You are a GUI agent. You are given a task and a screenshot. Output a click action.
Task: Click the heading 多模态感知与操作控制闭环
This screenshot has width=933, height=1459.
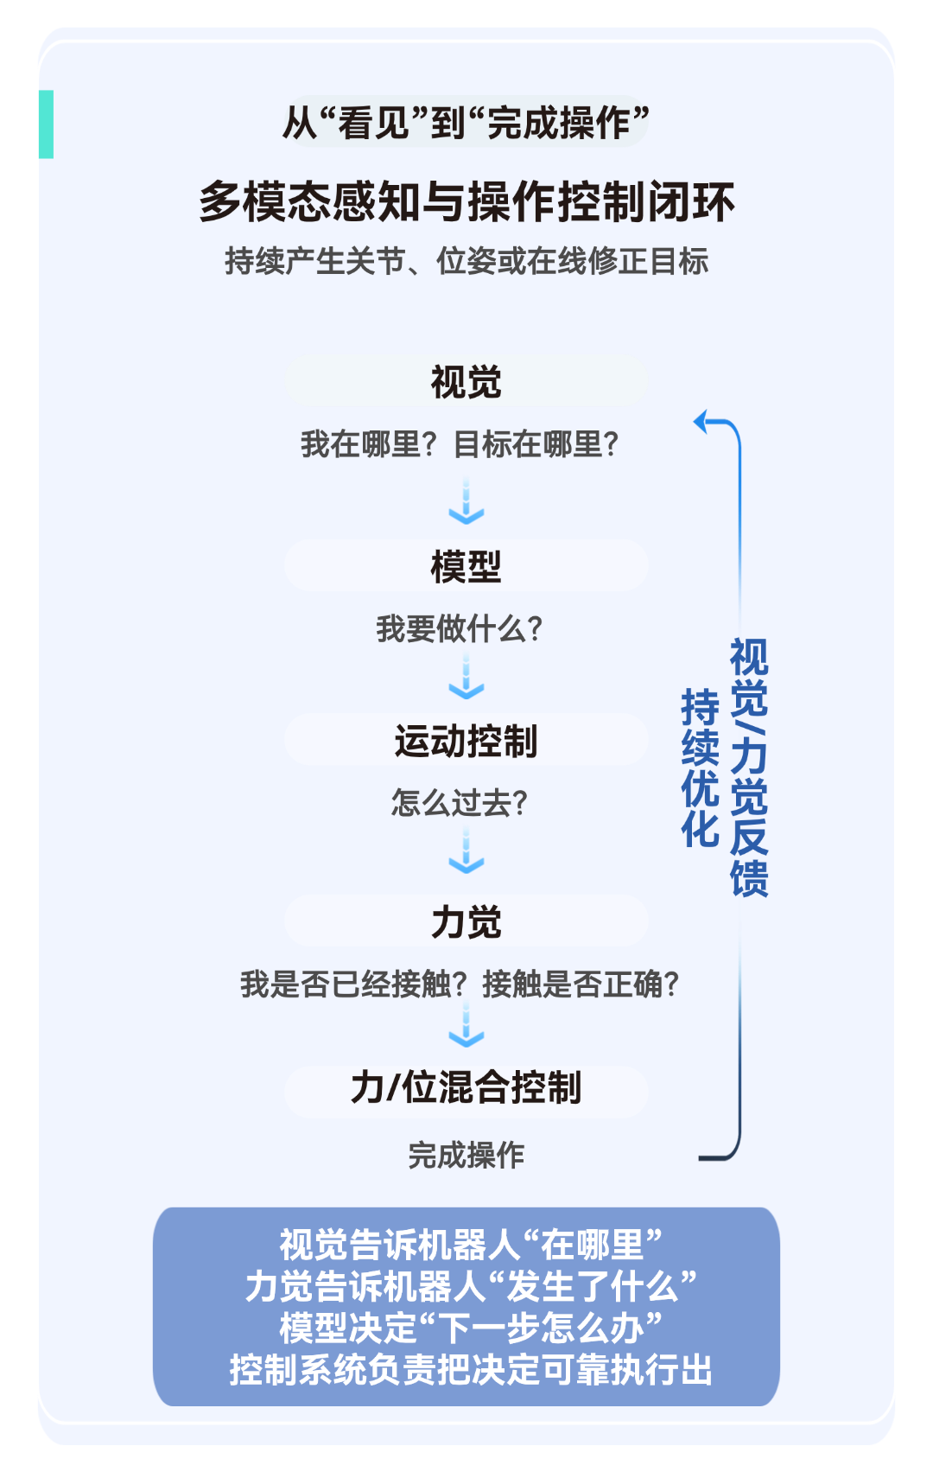[466, 202]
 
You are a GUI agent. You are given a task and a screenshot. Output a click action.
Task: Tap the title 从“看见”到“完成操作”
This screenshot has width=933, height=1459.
[466, 122]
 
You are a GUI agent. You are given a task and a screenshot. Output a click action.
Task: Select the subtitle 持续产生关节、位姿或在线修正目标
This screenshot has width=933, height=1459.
[466, 261]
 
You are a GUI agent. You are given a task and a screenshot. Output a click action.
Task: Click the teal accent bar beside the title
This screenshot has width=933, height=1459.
[47, 124]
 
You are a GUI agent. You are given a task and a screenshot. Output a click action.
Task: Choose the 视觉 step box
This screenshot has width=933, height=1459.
[466, 382]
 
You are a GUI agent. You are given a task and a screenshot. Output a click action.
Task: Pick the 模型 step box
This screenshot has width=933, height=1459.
[466, 566]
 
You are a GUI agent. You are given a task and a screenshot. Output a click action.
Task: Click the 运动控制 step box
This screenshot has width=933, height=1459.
[466, 740]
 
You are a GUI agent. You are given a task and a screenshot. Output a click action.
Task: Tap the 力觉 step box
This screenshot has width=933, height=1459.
[466, 921]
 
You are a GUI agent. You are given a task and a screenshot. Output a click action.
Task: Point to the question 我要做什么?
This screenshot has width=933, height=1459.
[459, 629]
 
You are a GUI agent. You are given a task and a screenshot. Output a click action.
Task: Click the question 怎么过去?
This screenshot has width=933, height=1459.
[459, 802]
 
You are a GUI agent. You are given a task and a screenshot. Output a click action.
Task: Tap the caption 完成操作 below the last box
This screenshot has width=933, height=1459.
[466, 1155]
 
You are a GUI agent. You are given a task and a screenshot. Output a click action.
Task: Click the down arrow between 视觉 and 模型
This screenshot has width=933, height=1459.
[466, 500]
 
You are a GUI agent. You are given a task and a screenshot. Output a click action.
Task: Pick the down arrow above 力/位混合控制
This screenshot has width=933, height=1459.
[466, 1024]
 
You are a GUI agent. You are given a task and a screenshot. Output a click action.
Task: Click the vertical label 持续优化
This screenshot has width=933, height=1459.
[700, 768]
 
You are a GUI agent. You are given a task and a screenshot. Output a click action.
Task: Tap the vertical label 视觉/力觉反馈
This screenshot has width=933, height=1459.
[749, 768]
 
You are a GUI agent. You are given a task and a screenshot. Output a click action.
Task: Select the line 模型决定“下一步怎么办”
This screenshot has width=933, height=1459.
[471, 1328]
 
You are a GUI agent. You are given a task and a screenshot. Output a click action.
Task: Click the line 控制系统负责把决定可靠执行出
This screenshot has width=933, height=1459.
[471, 1370]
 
